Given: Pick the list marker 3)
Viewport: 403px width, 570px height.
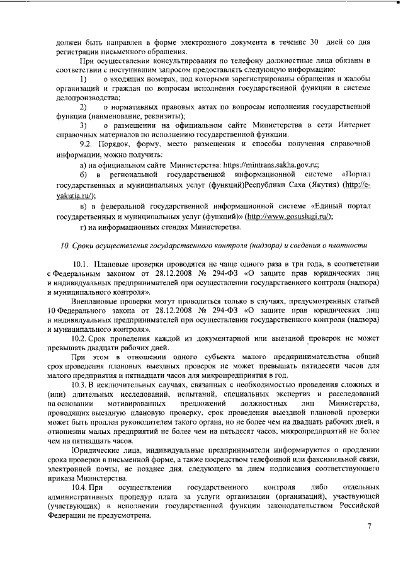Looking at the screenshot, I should [x=82, y=125].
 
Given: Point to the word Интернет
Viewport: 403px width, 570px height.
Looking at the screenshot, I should [x=361, y=125].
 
